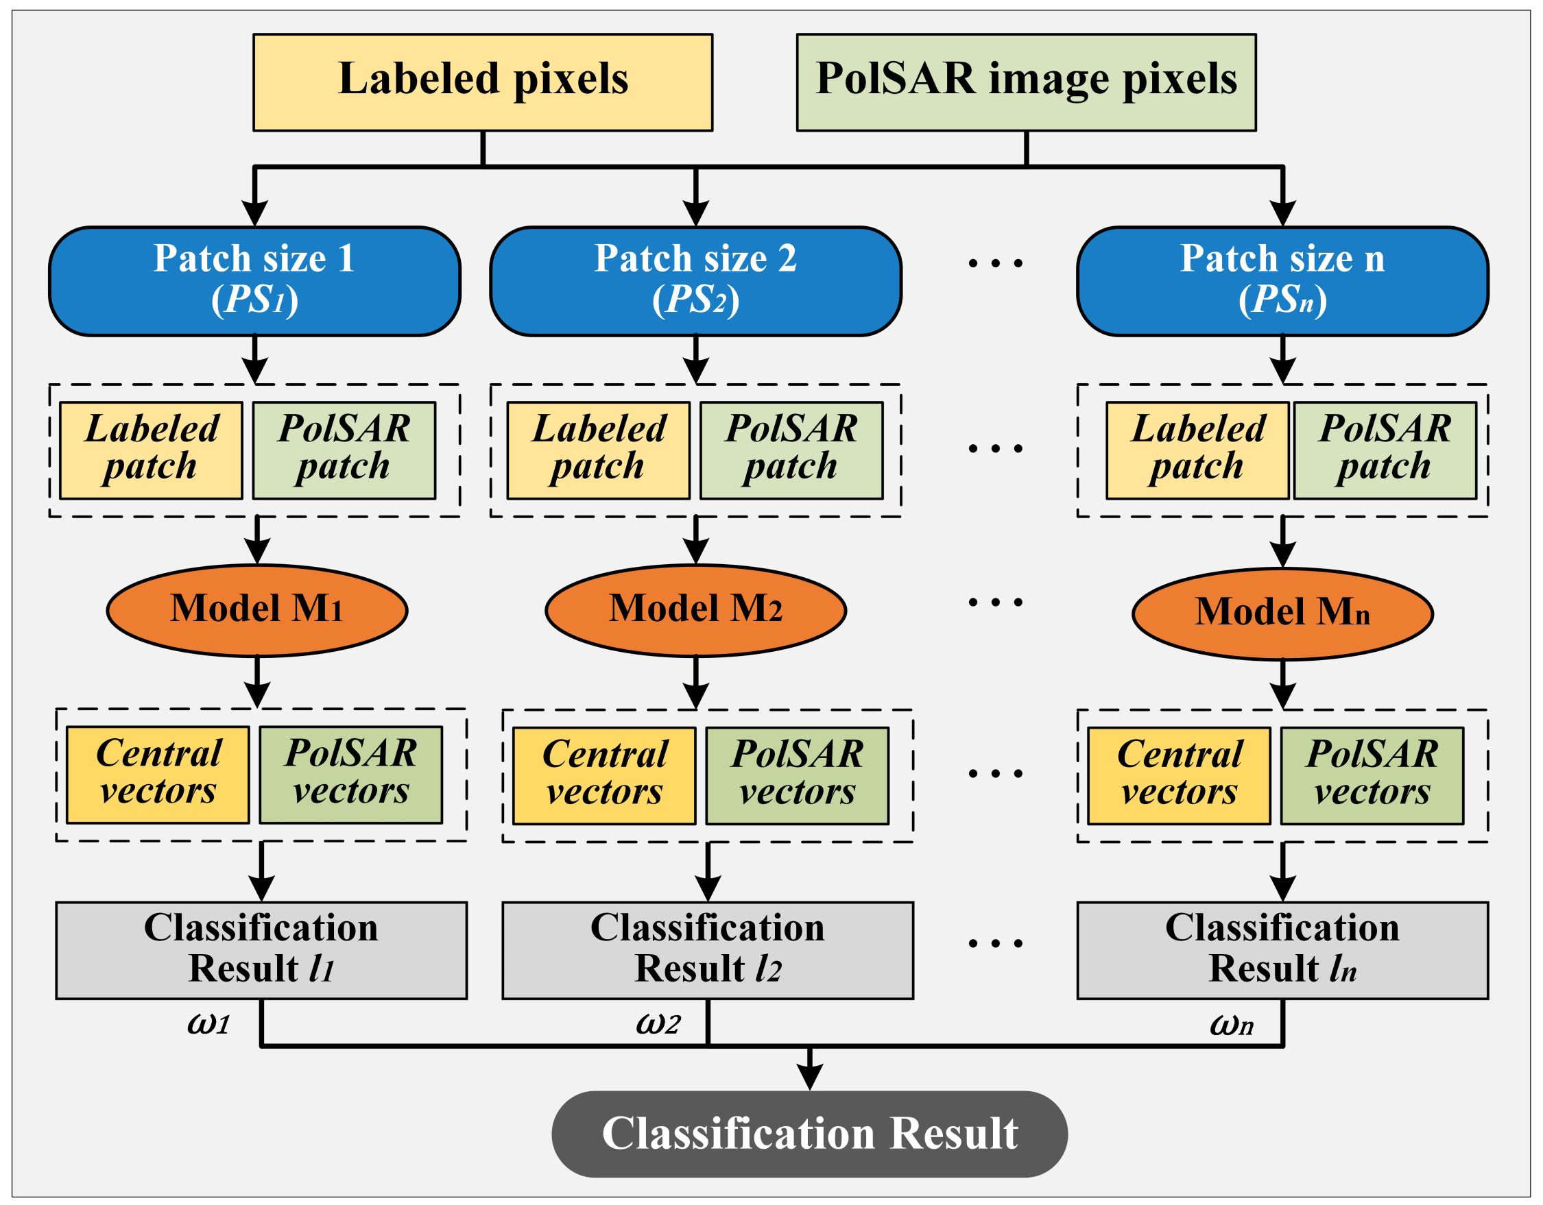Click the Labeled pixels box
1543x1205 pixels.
tap(483, 82)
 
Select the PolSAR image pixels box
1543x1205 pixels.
tap(1026, 82)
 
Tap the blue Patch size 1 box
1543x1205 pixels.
tap(254, 280)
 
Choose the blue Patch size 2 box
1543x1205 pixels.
tap(695, 280)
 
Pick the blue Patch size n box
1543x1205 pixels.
tap(1282, 280)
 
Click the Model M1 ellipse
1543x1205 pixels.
tap(256, 610)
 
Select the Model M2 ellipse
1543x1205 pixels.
tap(695, 610)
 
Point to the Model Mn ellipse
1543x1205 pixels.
tap(1282, 613)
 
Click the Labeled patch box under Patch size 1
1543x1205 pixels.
tap(151, 450)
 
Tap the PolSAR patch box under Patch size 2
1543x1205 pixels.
tap(791, 450)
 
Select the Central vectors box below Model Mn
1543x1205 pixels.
tap(1178, 775)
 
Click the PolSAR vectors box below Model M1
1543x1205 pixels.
tap(350, 775)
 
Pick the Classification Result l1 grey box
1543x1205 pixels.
tap(261, 950)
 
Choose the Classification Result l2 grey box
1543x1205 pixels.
tap(707, 950)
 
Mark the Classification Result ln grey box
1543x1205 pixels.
tap(1282, 950)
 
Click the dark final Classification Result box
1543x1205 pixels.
tap(809, 1134)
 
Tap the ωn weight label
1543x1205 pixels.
tap(1232, 1025)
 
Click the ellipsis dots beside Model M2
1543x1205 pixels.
tap(995, 602)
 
